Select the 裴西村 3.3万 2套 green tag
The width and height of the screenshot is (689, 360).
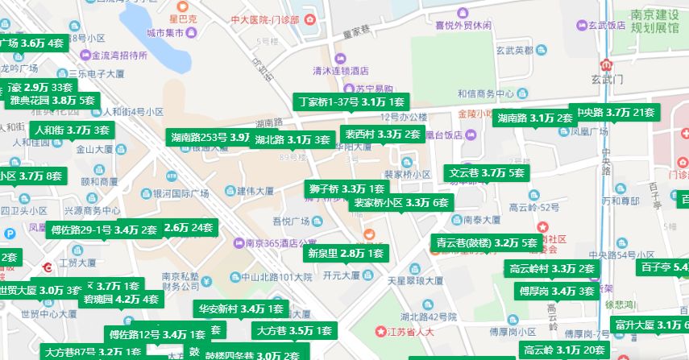pyautogui.click(x=382, y=134)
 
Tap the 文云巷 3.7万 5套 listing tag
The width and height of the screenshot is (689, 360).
pyautogui.click(x=487, y=172)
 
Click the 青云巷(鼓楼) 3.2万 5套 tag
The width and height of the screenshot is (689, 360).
pyautogui.click(x=486, y=242)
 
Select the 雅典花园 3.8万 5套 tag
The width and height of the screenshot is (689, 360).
pyautogui.click(x=52, y=101)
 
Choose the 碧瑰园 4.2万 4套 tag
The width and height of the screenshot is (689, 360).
pyautogui.click(x=121, y=300)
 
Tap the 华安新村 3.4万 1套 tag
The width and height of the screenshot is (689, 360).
pyautogui.click(x=240, y=308)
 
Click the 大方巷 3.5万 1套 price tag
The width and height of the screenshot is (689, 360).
pyautogui.click(x=293, y=330)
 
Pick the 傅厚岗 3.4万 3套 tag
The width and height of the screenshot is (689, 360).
pyautogui.click(x=556, y=291)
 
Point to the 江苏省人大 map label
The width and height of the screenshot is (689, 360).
pyautogui.click(x=410, y=331)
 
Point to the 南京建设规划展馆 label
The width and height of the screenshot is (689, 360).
pyautogui.click(x=654, y=22)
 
